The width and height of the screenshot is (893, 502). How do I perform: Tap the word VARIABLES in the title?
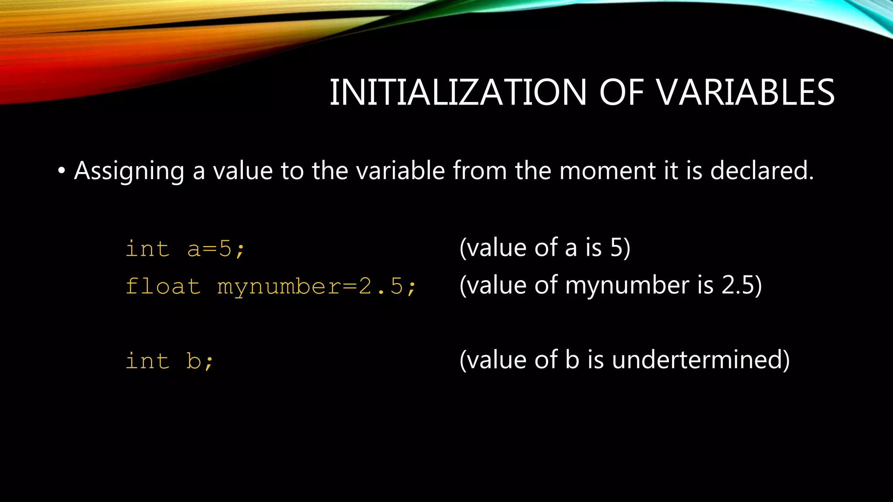click(745, 92)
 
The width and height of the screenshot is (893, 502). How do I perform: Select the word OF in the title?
click(621, 92)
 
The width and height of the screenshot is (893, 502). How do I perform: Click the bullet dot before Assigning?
click(61, 171)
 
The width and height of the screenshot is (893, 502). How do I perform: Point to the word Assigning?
click(129, 171)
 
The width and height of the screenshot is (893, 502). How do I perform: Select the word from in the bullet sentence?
click(480, 170)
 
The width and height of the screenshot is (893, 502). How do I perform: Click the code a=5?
click(216, 249)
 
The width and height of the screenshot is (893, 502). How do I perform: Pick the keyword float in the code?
click(163, 287)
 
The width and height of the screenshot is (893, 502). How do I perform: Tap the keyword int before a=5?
click(147, 249)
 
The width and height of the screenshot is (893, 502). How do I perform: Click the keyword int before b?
click(147, 361)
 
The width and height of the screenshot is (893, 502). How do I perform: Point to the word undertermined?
click(700, 360)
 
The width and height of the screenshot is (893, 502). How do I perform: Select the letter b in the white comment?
click(572, 360)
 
